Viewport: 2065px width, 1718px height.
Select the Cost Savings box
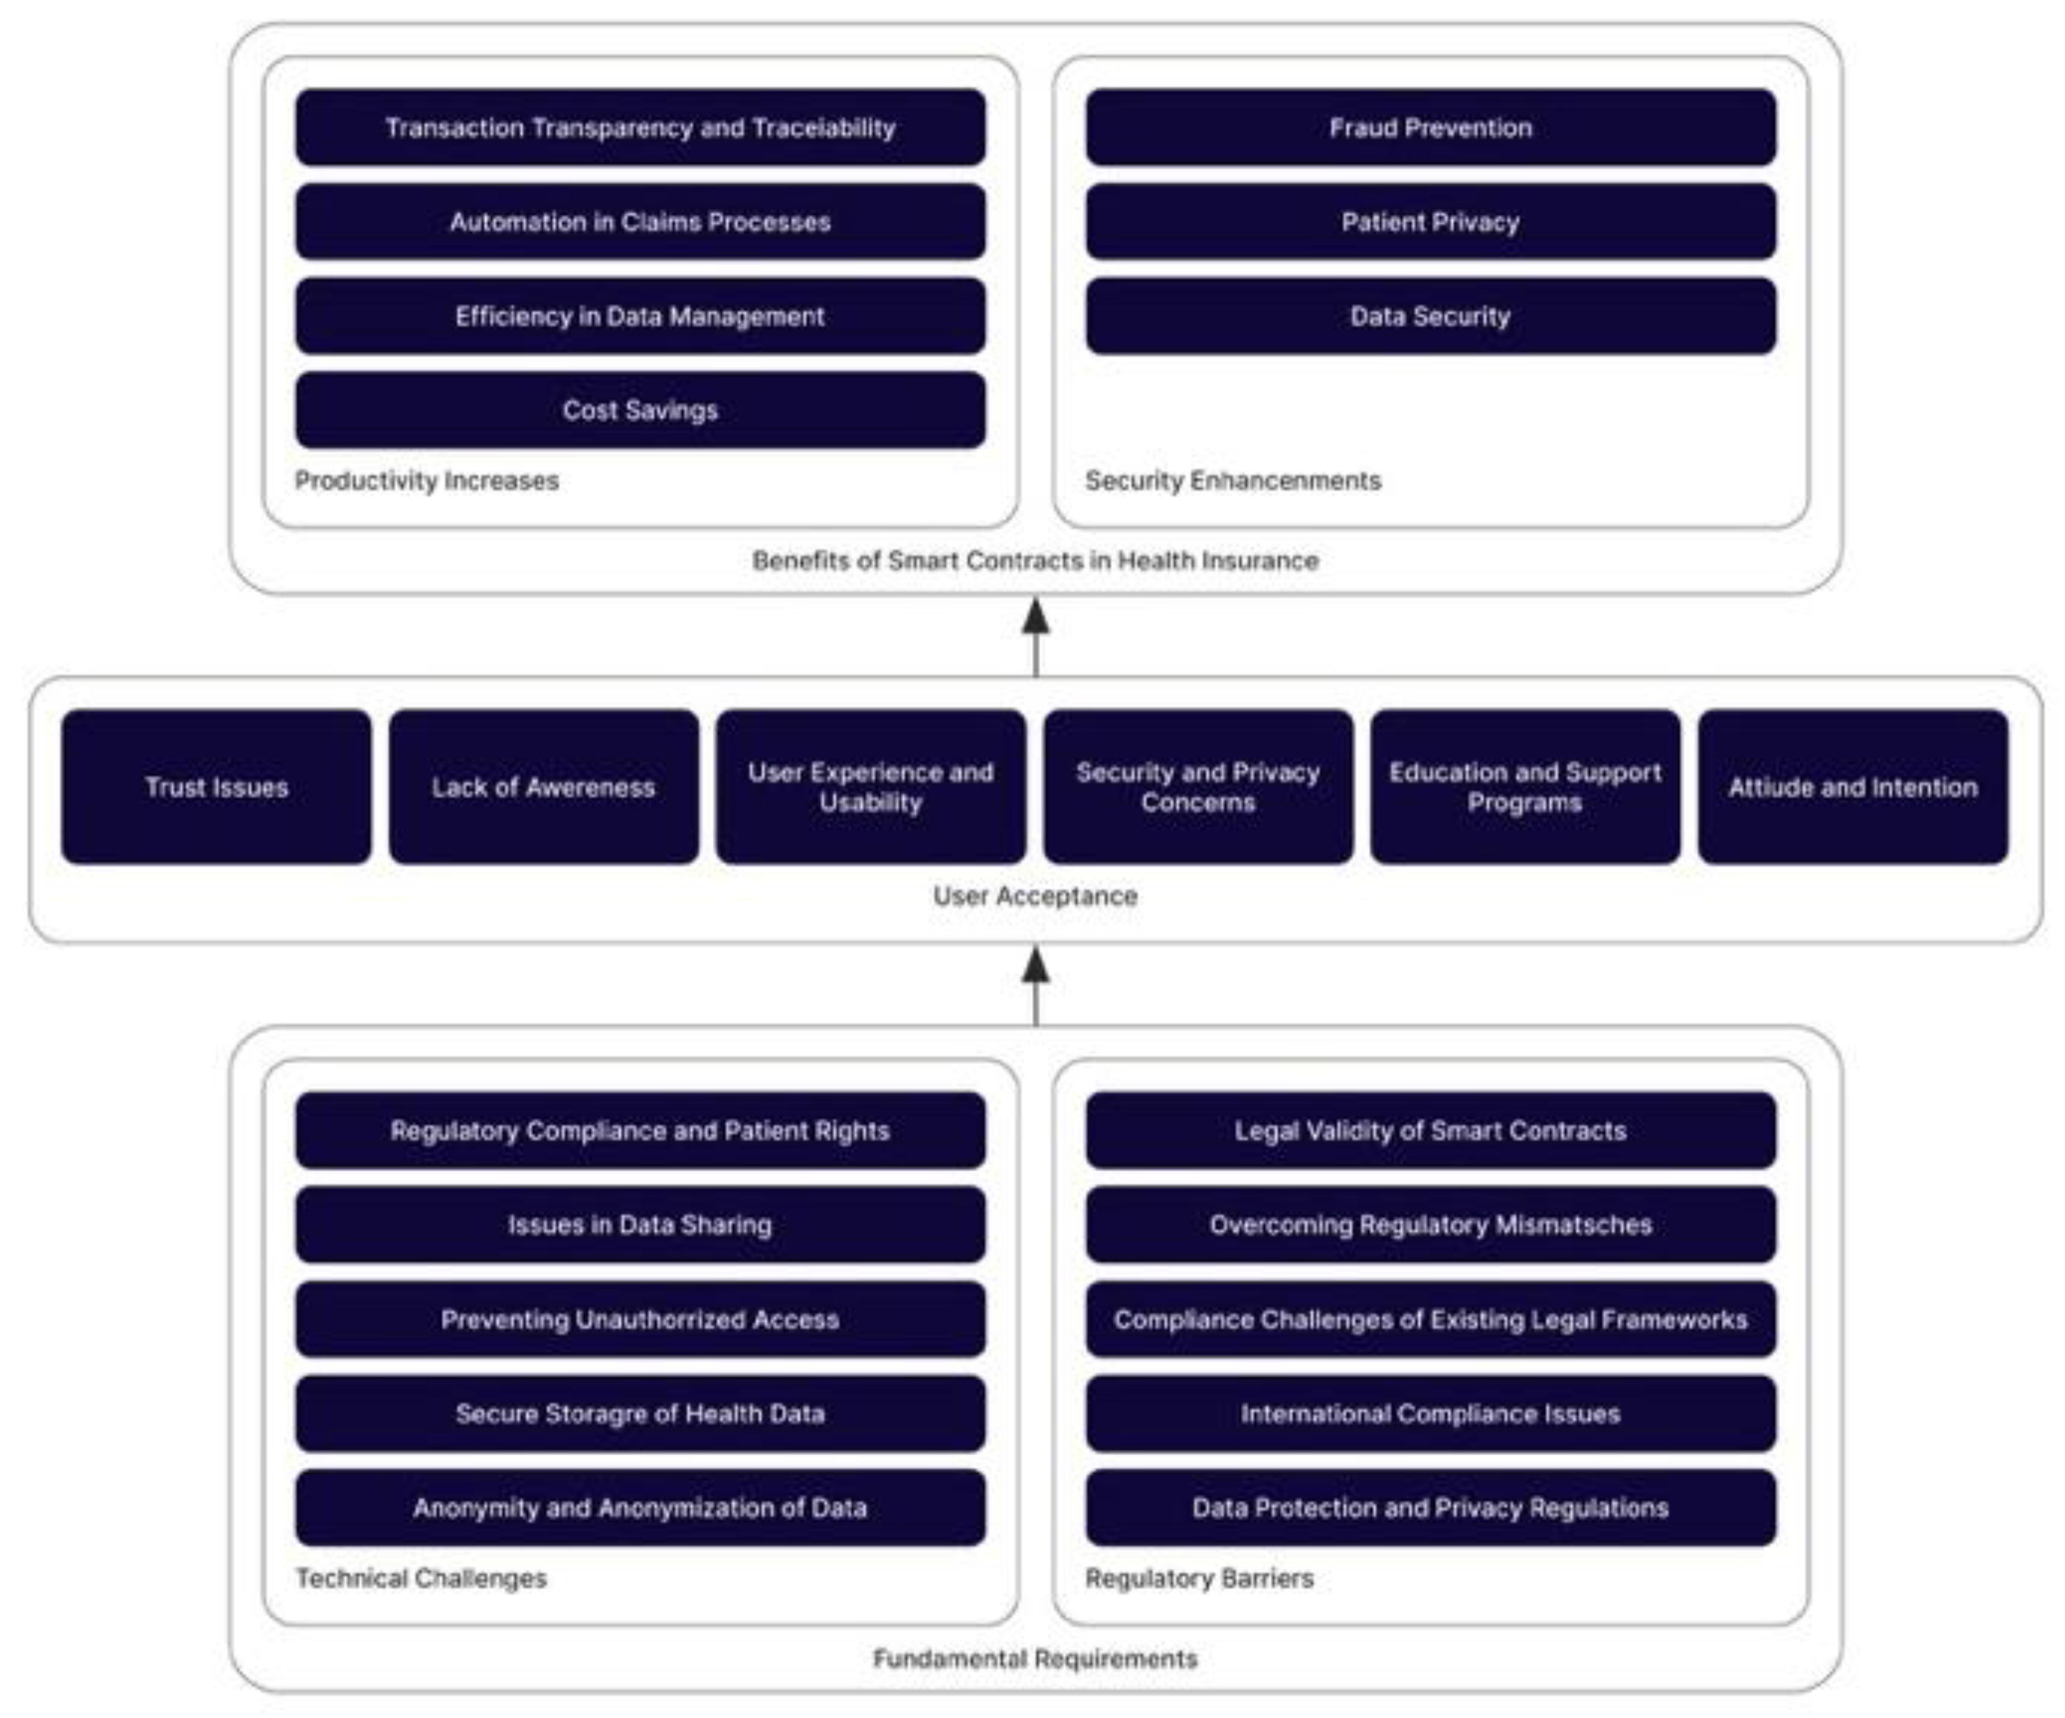(640, 410)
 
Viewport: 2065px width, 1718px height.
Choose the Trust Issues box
(216, 787)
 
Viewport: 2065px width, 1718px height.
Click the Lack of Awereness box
(544, 787)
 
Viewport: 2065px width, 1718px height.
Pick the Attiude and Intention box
(1852, 787)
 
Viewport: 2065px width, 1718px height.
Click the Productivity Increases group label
(427, 481)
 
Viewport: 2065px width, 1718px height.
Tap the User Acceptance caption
(1035, 896)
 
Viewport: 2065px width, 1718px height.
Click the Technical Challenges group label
(421, 1578)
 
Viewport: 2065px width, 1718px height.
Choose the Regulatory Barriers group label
(1199, 1578)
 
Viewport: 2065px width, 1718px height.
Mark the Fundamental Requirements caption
(1035, 1659)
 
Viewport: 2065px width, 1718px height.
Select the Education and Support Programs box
(1525, 787)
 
